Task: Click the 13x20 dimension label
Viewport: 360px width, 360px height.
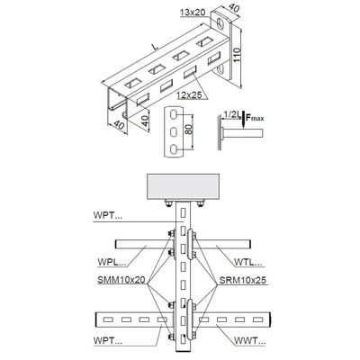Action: (193, 13)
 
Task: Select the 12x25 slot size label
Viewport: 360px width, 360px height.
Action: (189, 95)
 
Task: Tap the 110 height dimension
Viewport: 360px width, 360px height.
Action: (237, 55)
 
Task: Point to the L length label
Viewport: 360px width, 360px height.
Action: (155, 47)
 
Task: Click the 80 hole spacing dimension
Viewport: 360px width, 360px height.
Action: (188, 129)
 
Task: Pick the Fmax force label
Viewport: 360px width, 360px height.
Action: (255, 117)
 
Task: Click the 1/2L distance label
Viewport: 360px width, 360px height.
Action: (231, 114)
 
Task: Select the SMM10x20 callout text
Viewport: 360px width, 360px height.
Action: (121, 280)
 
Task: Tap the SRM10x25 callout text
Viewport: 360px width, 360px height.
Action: (242, 280)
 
